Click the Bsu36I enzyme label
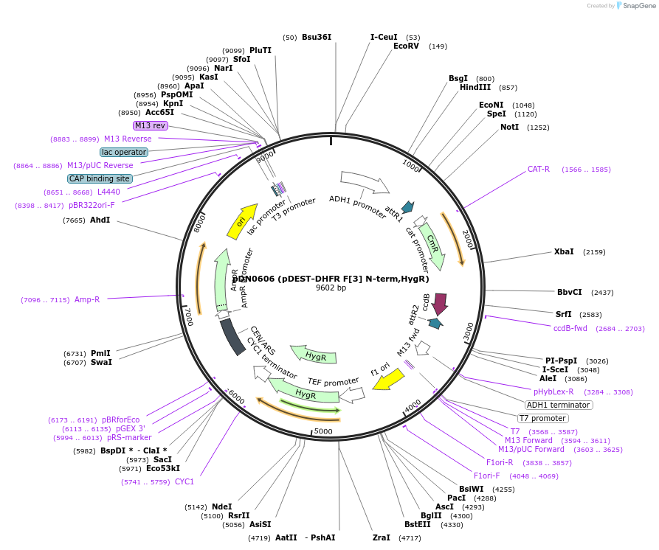tap(317, 37)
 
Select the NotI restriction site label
tap(509, 127)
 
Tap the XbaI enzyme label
tap(564, 252)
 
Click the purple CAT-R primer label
tap(539, 170)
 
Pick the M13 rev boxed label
tap(150, 126)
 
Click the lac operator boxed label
tap(124, 152)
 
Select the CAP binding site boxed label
tap(100, 178)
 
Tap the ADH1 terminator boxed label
tap(558, 405)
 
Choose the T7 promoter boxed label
tap(542, 418)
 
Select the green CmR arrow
tap(433, 245)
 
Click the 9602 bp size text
tap(331, 288)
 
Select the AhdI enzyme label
tap(100, 220)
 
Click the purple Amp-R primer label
tap(87, 299)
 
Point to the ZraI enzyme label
tap(382, 537)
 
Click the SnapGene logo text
tap(638, 6)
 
